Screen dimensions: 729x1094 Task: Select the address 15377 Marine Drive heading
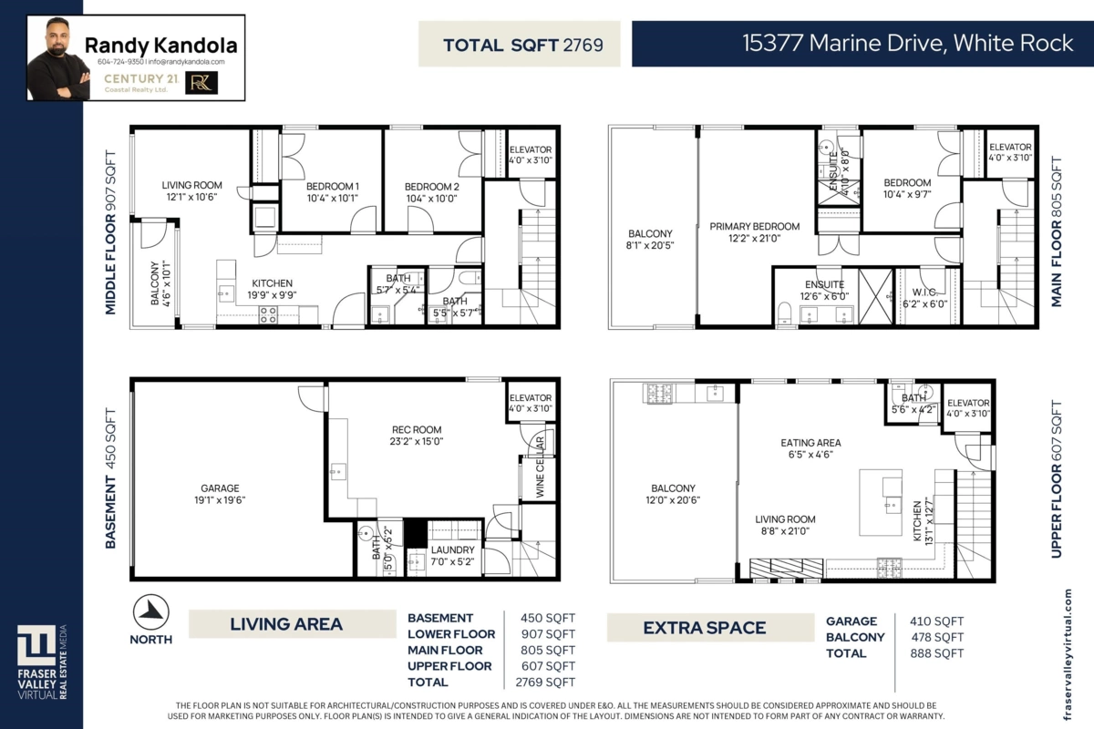907,44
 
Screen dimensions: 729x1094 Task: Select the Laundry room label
452,549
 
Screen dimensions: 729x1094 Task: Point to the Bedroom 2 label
430,187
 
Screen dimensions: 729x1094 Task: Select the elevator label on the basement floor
531,397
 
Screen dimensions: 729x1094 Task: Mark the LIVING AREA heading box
286,624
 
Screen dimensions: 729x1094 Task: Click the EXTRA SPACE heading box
705,627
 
